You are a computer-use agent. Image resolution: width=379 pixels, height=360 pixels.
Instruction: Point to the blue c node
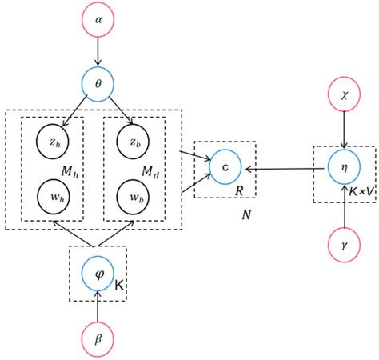click(226, 168)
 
